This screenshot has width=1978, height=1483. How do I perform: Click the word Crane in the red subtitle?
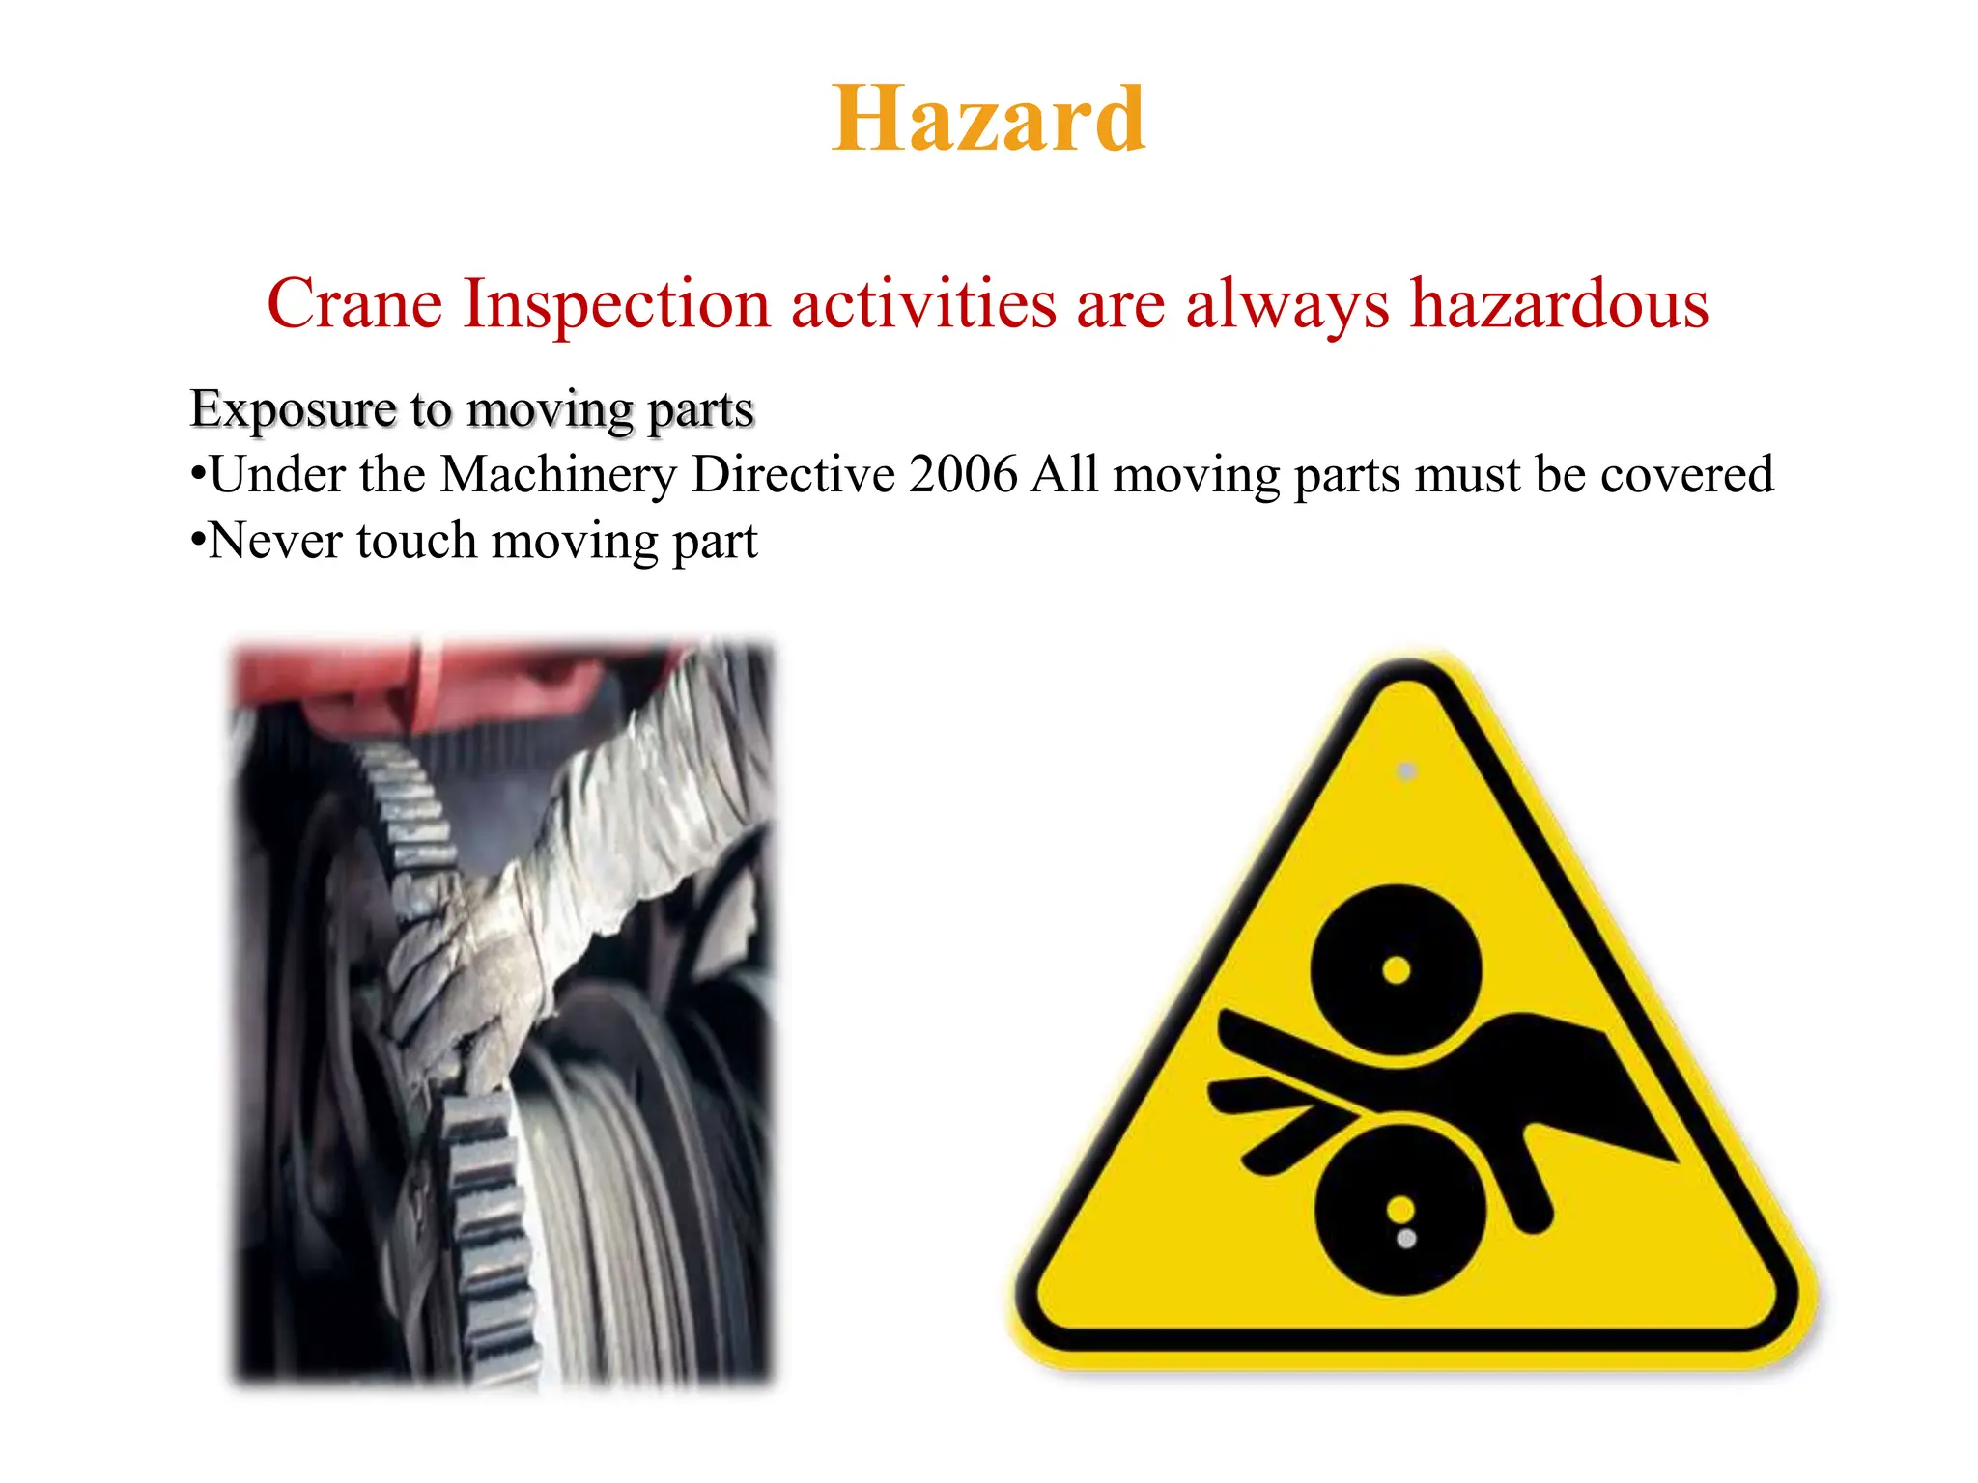[x=354, y=304]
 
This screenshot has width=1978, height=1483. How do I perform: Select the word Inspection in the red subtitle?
[x=617, y=304]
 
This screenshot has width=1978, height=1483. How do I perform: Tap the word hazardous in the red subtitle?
[x=1559, y=304]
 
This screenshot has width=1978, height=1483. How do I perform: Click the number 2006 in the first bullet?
[x=963, y=475]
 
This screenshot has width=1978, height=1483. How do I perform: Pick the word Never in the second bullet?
[x=275, y=541]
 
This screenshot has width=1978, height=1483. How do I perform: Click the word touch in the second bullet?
[x=416, y=541]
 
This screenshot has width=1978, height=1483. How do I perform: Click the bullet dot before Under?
[x=198, y=474]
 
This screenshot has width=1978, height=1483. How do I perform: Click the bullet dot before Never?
[x=198, y=540]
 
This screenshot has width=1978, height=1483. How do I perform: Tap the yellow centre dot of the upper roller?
[x=1397, y=969]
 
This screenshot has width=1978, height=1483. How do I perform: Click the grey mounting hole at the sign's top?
[x=1407, y=771]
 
